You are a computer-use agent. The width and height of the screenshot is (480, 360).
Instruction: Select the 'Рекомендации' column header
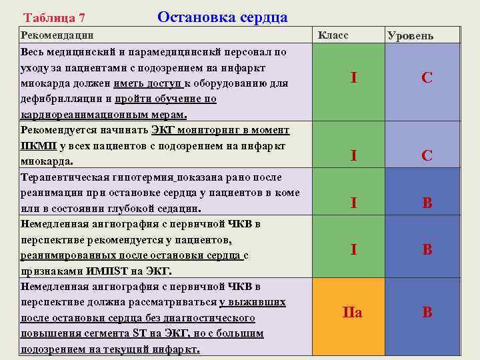click(57, 35)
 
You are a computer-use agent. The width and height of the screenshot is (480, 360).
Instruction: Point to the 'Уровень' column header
click(410, 35)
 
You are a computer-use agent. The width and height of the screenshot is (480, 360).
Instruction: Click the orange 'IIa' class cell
click(352, 312)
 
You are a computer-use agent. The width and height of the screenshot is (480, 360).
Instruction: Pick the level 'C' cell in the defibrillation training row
click(427, 77)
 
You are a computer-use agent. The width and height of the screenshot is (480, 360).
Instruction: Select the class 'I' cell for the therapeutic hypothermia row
click(353, 203)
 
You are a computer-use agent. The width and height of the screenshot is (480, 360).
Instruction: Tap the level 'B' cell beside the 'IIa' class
click(427, 312)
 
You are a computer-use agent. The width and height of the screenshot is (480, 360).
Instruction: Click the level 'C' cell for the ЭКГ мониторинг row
click(427, 156)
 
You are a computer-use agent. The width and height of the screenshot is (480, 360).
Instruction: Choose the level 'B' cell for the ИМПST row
click(427, 250)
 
